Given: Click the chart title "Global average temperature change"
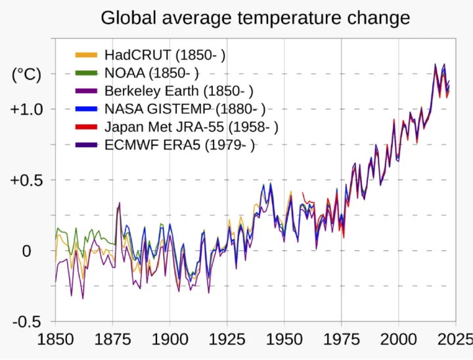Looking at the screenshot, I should tap(255, 18).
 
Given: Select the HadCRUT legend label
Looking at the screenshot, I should tap(165, 55).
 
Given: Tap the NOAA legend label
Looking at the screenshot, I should tap(151, 73).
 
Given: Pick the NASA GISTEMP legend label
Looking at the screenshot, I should tap(185, 109).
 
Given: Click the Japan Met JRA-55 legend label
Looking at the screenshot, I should tap(191, 127).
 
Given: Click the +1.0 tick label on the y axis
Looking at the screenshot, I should tap(27, 109).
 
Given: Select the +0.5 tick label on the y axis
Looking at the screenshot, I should tap(27, 180).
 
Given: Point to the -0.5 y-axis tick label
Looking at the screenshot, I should tap(26, 322).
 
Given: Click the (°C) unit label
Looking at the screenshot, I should tap(26, 75).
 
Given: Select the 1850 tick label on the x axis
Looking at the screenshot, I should tap(55, 340).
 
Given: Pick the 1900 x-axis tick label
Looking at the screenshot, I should tap(169, 340).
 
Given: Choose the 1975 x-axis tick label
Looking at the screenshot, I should tap(341, 340).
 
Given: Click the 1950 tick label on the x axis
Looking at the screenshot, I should tap(284, 340).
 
